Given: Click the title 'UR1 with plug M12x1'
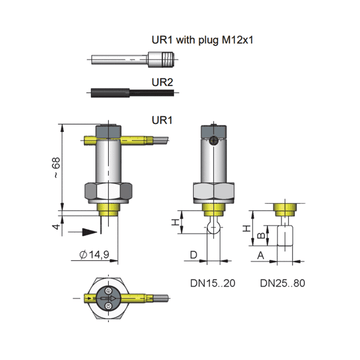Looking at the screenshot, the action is [x=203, y=40].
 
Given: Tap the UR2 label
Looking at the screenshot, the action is [x=162, y=81].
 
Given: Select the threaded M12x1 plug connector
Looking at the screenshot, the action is [x=161, y=59].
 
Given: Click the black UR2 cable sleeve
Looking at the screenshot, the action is [x=110, y=93].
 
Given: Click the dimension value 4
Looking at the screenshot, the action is [x=56, y=227].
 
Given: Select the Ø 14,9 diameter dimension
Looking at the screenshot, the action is [x=94, y=255].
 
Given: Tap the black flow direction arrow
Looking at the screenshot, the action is [x=89, y=232].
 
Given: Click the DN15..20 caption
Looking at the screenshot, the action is [x=213, y=283].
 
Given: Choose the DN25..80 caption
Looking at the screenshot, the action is [x=283, y=283].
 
